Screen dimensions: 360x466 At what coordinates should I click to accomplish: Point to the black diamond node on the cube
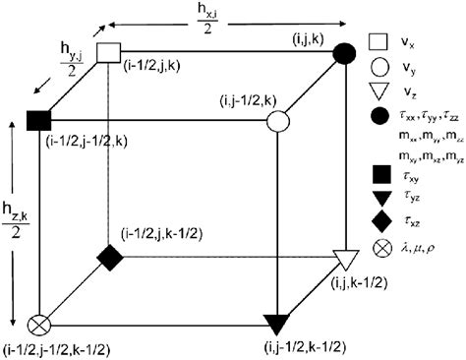point(107,257)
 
